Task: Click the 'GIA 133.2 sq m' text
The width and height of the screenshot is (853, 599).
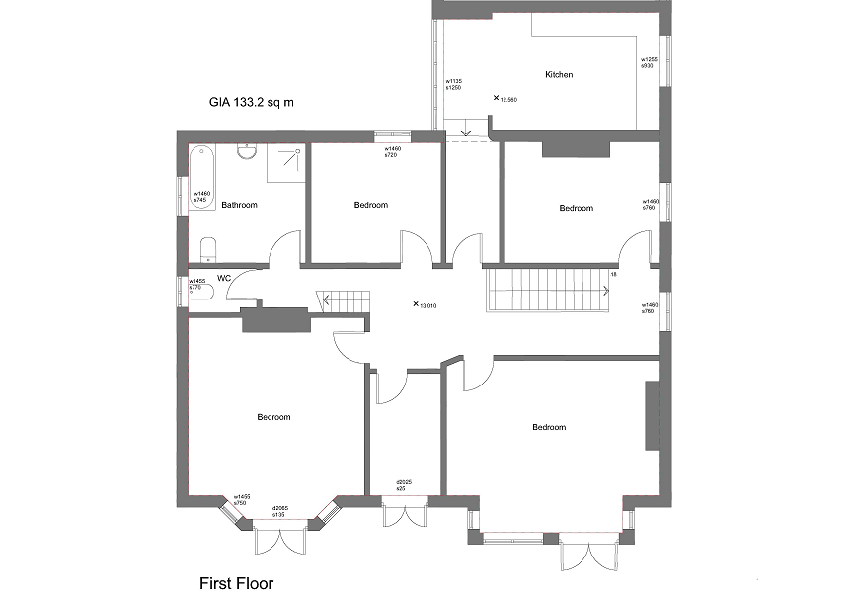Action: pyautogui.click(x=251, y=101)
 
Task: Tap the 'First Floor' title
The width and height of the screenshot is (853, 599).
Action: pyautogui.click(x=236, y=583)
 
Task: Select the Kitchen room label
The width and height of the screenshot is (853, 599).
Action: pyautogui.click(x=559, y=75)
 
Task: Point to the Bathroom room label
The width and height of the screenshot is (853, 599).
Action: pyautogui.click(x=239, y=206)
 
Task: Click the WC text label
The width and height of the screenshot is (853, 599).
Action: pyautogui.click(x=224, y=278)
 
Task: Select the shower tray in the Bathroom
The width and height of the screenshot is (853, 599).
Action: pyautogui.click(x=286, y=164)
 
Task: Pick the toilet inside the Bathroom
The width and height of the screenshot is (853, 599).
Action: pyautogui.click(x=208, y=246)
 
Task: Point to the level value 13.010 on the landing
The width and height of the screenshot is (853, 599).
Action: pyautogui.click(x=427, y=306)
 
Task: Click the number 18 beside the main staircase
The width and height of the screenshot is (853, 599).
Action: pyautogui.click(x=613, y=274)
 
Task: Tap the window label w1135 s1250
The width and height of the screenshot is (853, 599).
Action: pyautogui.click(x=454, y=85)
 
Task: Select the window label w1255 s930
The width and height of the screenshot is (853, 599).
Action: pyautogui.click(x=649, y=62)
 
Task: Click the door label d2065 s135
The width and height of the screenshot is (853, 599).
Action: pyautogui.click(x=280, y=512)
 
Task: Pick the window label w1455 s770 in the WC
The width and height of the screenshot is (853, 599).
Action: pyautogui.click(x=197, y=283)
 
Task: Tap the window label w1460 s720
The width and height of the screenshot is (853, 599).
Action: pyautogui.click(x=393, y=151)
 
